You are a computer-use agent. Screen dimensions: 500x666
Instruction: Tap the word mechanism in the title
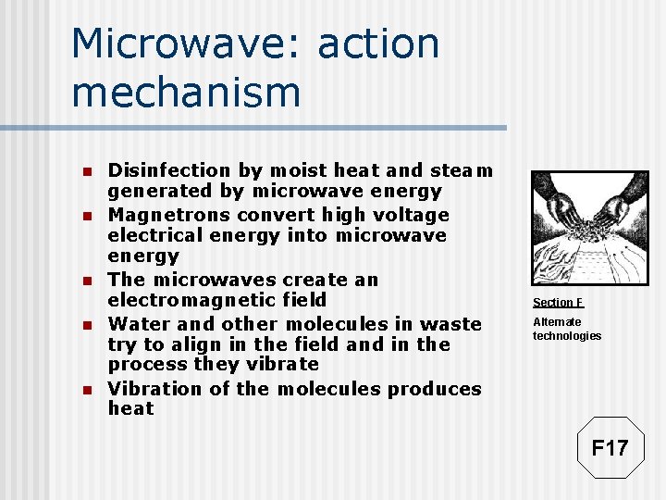(186, 93)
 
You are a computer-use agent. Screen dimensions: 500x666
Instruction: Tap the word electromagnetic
(217, 300)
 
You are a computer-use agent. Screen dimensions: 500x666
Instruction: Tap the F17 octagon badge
(610, 448)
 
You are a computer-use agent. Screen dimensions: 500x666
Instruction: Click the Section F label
(558, 303)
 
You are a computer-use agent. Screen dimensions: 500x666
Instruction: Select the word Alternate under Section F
(557, 322)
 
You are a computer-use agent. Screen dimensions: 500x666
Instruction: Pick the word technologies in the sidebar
(566, 336)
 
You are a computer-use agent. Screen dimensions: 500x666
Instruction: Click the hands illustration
(589, 227)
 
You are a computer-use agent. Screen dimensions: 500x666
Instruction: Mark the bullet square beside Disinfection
(85, 172)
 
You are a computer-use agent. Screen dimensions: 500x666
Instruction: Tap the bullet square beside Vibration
(85, 391)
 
